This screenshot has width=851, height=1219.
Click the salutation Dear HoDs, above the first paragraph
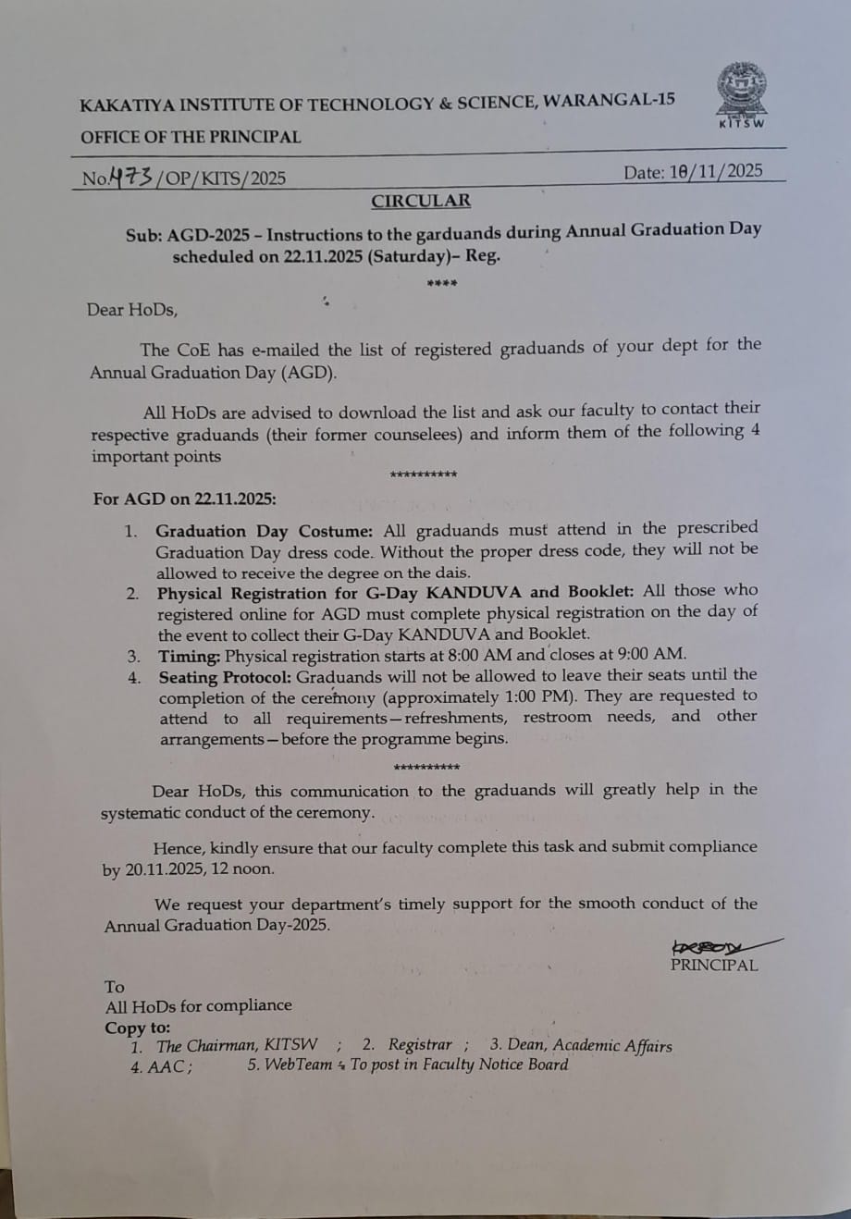click(132, 310)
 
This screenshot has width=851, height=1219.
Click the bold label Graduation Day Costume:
click(264, 531)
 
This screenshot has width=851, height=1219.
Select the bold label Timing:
click(190, 656)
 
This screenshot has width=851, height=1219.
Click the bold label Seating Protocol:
click(225, 677)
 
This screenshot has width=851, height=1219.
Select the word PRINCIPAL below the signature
click(713, 966)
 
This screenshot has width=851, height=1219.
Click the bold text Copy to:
click(138, 1028)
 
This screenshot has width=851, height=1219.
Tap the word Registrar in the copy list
click(420, 1045)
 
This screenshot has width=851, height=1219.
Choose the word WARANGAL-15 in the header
click(610, 100)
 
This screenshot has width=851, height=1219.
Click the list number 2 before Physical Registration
click(132, 594)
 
